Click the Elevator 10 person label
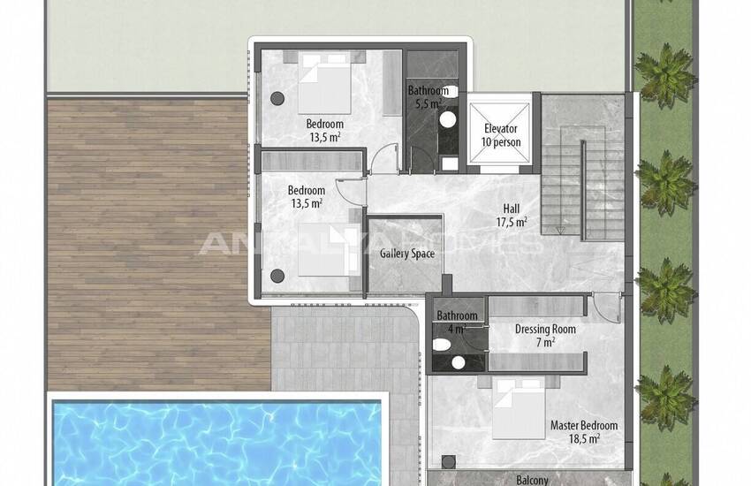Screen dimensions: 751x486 [501, 135]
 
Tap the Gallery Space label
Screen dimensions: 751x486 [407, 254]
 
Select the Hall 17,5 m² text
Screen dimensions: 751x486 [512, 215]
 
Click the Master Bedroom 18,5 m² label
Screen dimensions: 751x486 [584, 431]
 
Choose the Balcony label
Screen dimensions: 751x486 [532, 479]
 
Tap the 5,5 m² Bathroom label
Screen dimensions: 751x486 [428, 96]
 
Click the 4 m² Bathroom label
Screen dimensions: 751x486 [457, 322]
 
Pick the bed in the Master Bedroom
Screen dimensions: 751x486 [519, 407]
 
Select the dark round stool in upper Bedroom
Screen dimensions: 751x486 [277, 99]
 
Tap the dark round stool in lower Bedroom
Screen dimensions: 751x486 [277, 276]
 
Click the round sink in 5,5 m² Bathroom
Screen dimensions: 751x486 [448, 119]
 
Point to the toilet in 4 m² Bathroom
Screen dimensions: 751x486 [441, 345]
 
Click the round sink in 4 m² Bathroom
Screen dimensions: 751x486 [459, 362]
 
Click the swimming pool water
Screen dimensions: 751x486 [217, 444]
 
